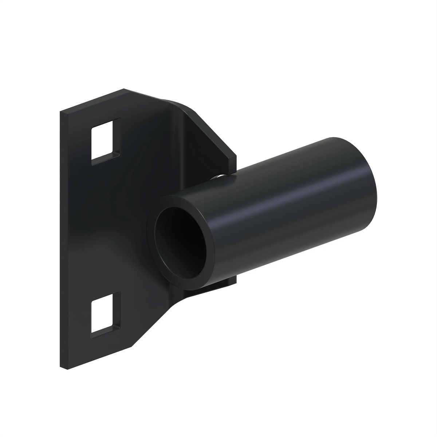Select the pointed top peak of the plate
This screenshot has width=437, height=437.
pyautogui.click(x=125, y=89)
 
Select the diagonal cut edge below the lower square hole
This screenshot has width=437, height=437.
pyautogui.click(x=153, y=320)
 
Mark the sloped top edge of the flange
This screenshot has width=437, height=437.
pyautogui.click(x=213, y=133)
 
